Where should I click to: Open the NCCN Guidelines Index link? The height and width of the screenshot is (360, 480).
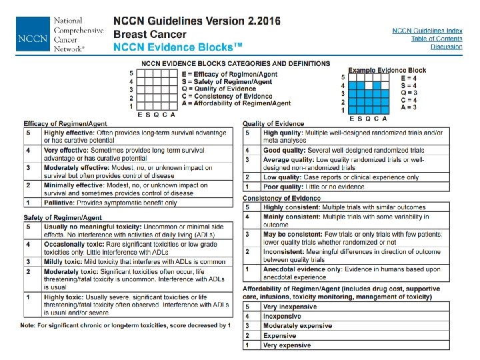[x=427, y=31]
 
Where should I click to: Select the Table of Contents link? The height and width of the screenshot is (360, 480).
[x=436, y=39]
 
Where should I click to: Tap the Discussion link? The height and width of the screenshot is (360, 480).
[x=446, y=47]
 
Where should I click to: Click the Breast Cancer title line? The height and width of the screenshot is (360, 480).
[x=150, y=34]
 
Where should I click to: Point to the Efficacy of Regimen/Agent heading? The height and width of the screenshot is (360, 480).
[x=65, y=124]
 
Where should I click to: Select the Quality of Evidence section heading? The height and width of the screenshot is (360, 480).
[x=273, y=124]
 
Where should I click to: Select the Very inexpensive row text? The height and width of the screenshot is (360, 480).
[x=290, y=306]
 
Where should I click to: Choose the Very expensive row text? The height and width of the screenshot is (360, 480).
[x=287, y=345]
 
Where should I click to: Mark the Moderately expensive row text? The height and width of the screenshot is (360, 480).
[x=297, y=326]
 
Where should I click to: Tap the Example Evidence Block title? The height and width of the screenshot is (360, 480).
[x=387, y=70]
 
